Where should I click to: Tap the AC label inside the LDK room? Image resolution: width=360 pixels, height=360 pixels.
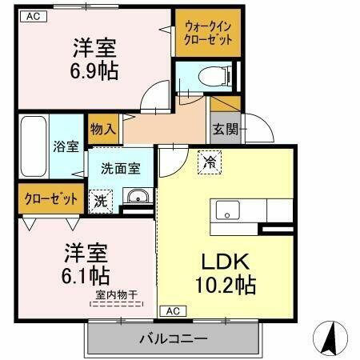pos(172,310)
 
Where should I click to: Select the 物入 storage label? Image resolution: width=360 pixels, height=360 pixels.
pos(102,127)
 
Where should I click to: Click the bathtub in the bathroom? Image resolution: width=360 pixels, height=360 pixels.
pos(32,145)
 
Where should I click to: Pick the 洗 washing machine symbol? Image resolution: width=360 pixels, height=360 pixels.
pos(102,198)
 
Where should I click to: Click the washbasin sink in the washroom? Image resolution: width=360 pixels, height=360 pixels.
pos(137,196)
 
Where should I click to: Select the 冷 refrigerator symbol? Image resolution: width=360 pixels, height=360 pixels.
pos(210,162)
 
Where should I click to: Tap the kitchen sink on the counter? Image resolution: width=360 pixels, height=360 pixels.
pos(228,212)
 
